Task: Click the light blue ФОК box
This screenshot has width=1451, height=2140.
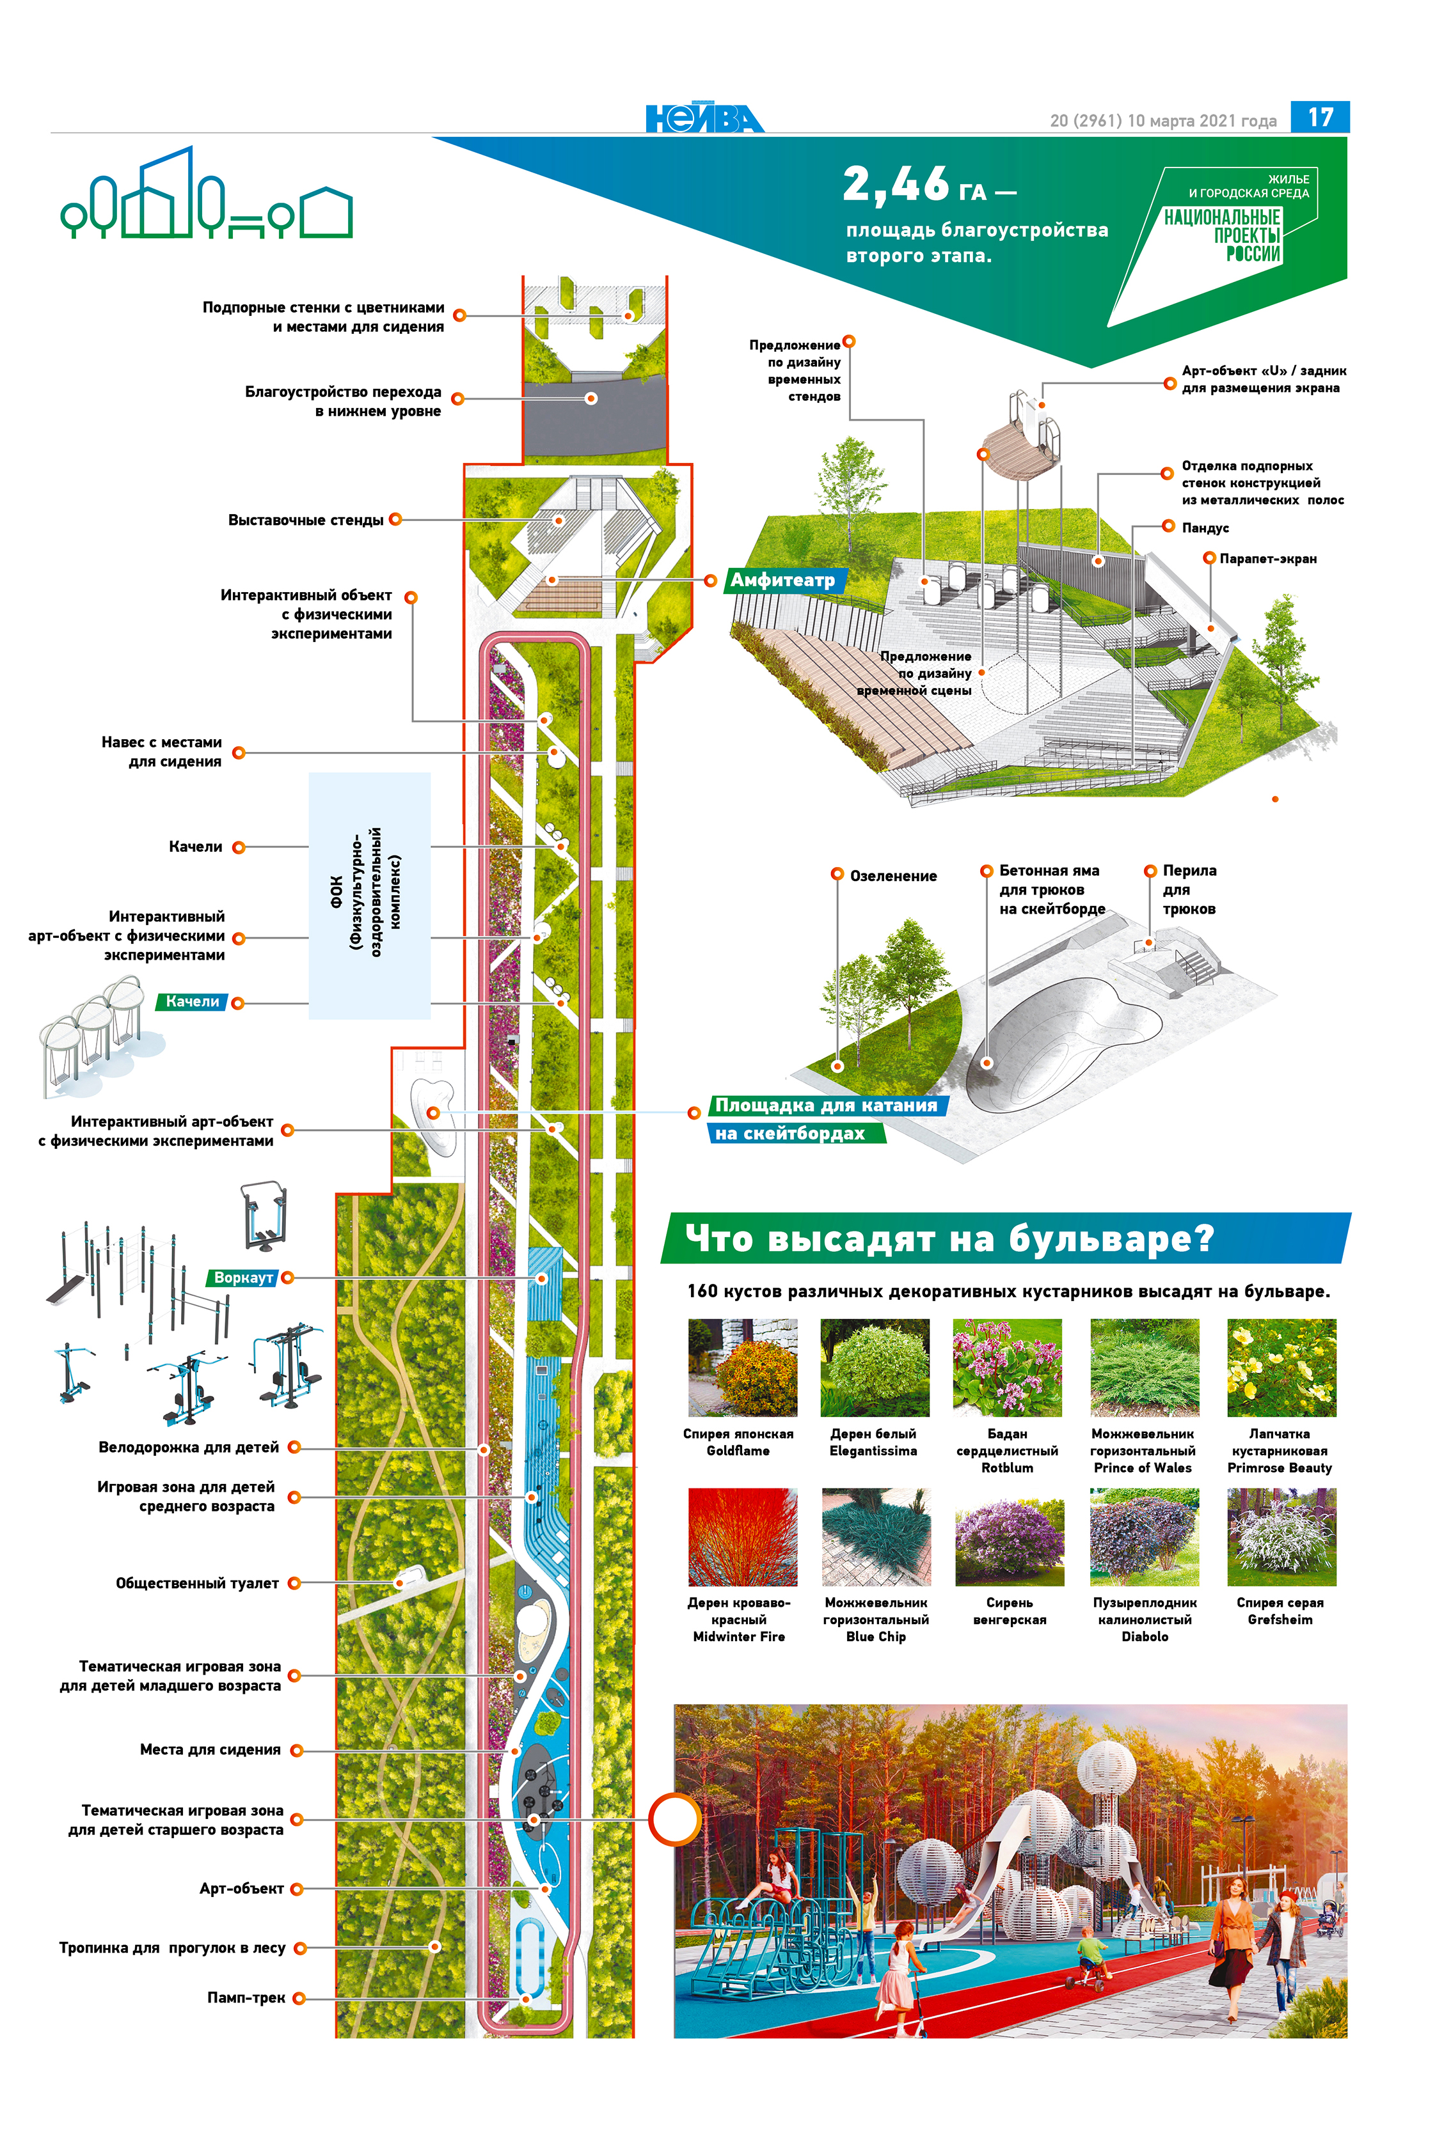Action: tap(369, 895)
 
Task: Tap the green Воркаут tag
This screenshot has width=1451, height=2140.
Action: tap(242, 1277)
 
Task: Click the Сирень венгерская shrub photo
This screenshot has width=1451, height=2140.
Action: tap(1009, 1536)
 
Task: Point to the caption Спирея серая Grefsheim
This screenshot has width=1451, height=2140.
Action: tap(1280, 1611)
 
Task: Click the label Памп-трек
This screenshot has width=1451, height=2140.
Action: tap(246, 1997)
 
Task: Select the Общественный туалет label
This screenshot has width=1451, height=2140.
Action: tap(197, 1583)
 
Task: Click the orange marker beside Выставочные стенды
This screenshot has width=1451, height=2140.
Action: tap(395, 519)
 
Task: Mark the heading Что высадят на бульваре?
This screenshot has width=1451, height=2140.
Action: tap(949, 1238)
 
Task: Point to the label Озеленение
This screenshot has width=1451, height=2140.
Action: tap(892, 876)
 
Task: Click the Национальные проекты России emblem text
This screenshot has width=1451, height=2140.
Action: tap(1223, 235)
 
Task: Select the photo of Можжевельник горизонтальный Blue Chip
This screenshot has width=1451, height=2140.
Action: tap(875, 1536)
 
